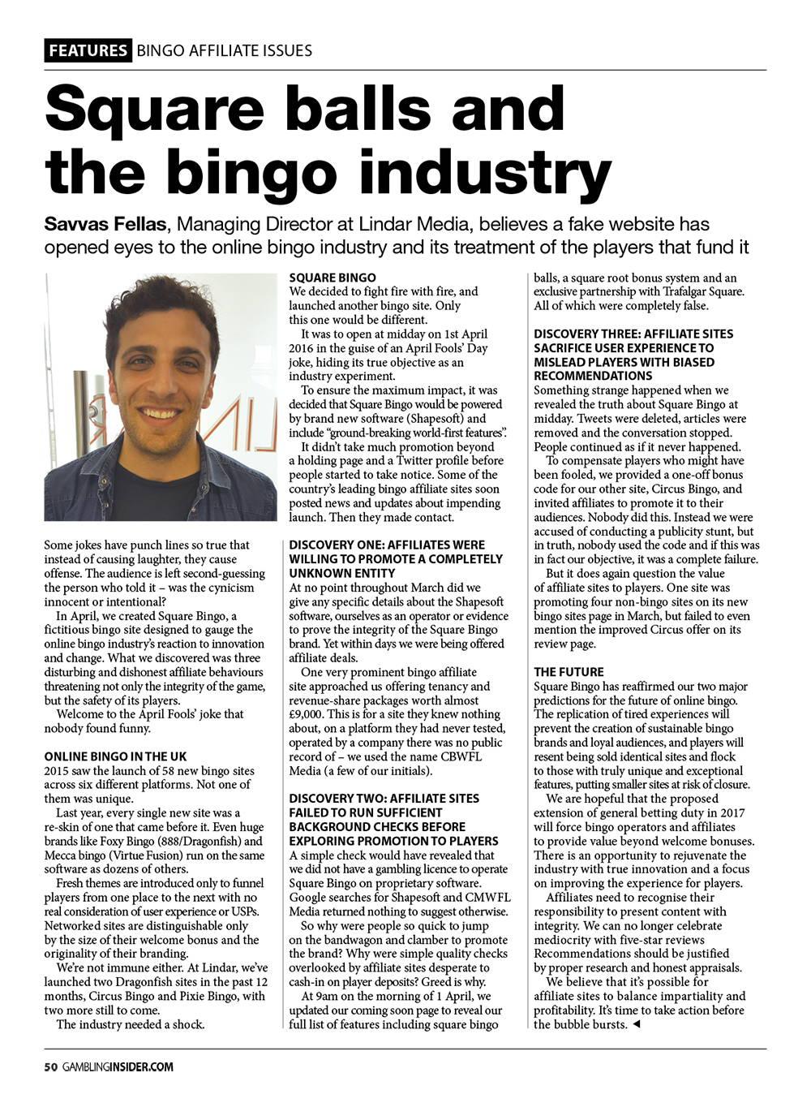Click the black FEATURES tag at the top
[88, 50]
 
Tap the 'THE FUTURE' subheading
[569, 672]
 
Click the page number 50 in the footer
[50, 1066]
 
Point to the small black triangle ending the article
[636, 1024]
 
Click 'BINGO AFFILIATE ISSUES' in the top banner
[225, 50]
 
